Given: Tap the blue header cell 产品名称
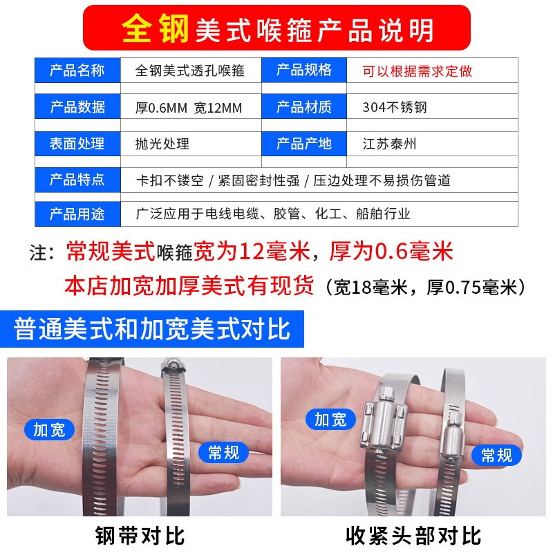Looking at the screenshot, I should point(77,71).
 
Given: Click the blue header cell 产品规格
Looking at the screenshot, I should point(304,71).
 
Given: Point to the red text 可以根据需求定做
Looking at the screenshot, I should point(418,71).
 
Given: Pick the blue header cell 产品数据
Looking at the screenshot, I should point(77,107).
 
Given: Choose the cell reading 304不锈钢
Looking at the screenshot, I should point(395,107).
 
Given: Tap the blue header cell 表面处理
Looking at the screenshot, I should point(77,144).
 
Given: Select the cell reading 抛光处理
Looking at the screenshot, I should point(162,144).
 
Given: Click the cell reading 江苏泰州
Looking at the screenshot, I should point(390,144).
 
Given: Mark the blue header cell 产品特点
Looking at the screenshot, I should point(77,180).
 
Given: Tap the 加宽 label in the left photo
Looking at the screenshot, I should point(49,429).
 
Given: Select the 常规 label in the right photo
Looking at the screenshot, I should point(496,454).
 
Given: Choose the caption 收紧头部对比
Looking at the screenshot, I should point(413,534).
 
